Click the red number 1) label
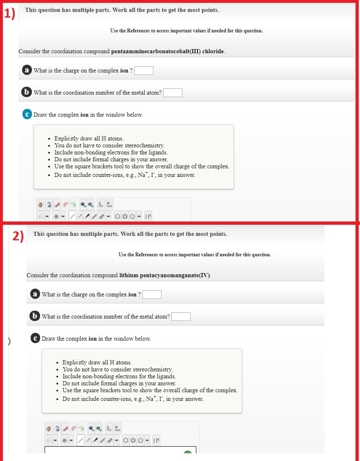(9, 14)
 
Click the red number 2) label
(18, 237)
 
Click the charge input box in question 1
(144, 71)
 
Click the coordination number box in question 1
(173, 93)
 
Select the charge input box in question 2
(152, 295)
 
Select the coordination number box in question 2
(181, 317)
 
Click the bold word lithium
(129, 275)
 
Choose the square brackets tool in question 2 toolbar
(156, 439)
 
